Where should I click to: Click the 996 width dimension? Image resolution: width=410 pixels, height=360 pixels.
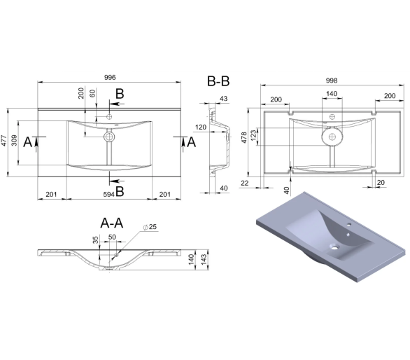point(110,78)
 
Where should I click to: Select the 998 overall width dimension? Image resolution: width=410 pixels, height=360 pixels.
point(332,81)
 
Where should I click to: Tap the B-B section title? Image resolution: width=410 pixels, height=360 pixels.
point(218,81)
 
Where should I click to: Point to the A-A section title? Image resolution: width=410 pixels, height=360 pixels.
point(112,223)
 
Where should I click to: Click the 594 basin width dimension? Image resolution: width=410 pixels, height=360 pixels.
point(108,194)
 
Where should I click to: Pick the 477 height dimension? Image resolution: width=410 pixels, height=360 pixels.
point(4,140)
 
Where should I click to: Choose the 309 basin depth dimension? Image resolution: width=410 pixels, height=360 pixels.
point(15,140)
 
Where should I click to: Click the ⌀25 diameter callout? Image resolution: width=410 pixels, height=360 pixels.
point(150,227)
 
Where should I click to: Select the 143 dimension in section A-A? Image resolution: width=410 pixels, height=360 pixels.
point(204,258)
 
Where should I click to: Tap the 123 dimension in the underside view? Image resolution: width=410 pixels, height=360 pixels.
point(253,135)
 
